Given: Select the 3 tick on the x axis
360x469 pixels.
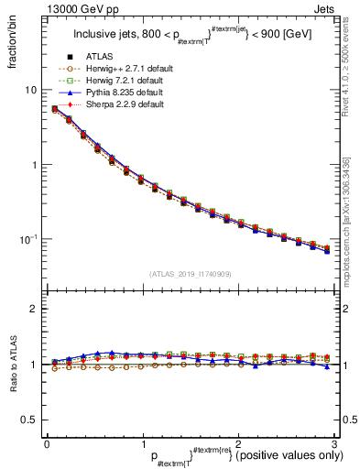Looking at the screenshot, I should click(x=335, y=442).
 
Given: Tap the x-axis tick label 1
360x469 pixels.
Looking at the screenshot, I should click(x=143, y=442).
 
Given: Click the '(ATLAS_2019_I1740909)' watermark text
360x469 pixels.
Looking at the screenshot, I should click(x=190, y=273).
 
